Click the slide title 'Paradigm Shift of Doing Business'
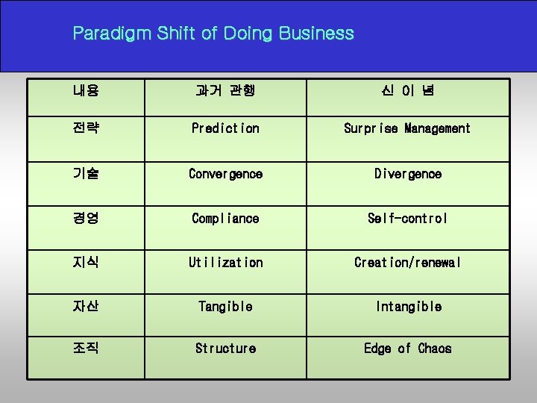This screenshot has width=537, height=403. point(213,34)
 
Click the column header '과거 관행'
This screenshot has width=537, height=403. point(225,91)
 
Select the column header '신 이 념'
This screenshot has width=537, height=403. point(407,91)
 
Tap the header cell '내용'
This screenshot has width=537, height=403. point(86,91)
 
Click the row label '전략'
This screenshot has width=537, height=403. point(86,128)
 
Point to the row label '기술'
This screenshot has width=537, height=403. point(86,174)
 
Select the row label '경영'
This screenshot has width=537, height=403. point(86,219)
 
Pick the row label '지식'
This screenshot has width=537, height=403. point(86,263)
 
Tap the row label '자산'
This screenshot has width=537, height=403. point(86,307)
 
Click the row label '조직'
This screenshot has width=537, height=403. point(86,349)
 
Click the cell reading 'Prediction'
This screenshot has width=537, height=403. point(225,128)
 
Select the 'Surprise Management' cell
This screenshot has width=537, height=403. point(407,128)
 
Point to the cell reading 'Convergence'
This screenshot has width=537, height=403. point(225,174)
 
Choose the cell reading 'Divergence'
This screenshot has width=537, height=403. point(407,174)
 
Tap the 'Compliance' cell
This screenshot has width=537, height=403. point(225,219)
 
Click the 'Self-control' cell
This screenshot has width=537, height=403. point(407,219)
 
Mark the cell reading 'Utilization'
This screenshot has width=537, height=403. point(225,263)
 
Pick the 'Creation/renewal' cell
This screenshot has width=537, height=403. point(407,263)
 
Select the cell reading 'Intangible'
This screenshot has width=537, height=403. point(407,307)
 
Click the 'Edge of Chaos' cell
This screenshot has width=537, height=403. point(407,349)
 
